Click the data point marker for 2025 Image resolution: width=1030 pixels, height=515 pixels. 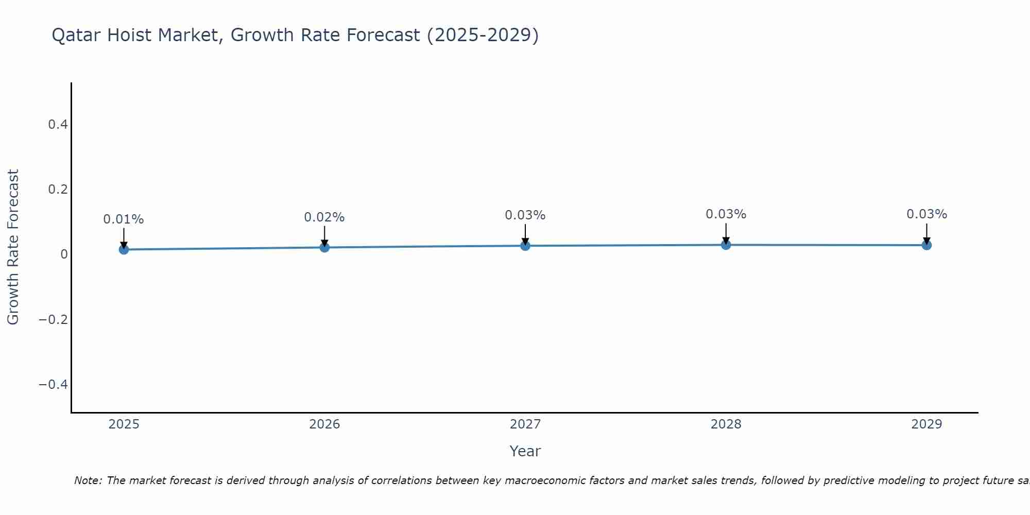click(x=124, y=249)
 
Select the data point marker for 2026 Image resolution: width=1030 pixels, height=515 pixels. click(x=324, y=247)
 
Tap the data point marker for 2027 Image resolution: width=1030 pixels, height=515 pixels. click(x=525, y=246)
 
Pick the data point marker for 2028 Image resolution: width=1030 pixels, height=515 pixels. click(x=726, y=245)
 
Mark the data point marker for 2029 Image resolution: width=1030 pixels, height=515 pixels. click(x=926, y=245)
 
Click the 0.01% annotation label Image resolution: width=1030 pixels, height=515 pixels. click(x=124, y=219)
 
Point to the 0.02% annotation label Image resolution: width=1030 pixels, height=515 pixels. click(x=324, y=217)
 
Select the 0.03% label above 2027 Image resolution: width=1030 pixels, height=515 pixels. click(x=525, y=215)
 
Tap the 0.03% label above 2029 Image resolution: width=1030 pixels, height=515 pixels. click(x=926, y=214)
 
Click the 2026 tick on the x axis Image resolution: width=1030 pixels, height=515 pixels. click(x=324, y=424)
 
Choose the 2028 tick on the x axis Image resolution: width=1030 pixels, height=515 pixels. click(x=726, y=424)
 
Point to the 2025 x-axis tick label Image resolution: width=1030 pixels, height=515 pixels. click(x=124, y=424)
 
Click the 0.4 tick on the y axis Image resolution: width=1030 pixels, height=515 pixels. click(x=58, y=125)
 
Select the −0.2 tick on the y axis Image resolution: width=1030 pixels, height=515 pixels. click(x=53, y=319)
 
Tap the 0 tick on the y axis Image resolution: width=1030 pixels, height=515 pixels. click(x=64, y=254)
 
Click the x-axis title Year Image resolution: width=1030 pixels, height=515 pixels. click(x=525, y=452)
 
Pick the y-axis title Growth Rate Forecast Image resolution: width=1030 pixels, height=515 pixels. click(x=13, y=247)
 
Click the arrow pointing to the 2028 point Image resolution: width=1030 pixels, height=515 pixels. click(x=726, y=233)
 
